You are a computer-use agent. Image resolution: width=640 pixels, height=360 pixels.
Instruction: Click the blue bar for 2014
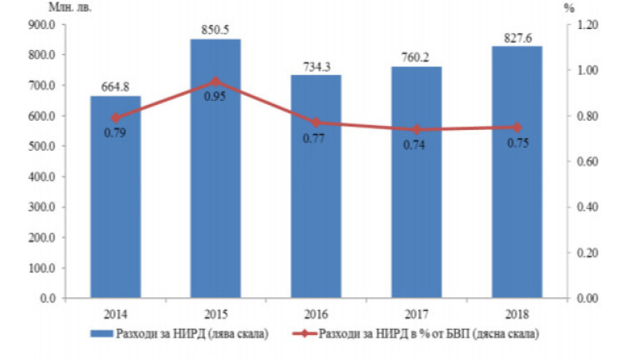pos(115,208)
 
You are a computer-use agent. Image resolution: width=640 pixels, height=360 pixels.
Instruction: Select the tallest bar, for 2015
pos(216,183)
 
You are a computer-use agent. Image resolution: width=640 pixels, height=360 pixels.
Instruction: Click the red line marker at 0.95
pos(216,82)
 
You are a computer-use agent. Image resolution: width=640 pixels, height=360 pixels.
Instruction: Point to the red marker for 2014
pos(115,118)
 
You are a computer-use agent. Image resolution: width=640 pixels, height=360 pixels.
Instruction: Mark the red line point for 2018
pos(517,127)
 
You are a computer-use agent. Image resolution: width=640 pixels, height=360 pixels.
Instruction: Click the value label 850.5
pos(216,30)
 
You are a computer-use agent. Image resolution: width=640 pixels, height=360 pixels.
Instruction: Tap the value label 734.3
pos(316,65)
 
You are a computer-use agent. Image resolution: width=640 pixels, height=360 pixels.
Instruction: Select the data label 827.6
pos(517,37)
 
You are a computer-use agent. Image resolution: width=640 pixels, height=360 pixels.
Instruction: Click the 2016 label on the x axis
pos(316,314)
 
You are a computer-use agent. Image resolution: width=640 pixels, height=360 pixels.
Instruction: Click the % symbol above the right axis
pos(570,7)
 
